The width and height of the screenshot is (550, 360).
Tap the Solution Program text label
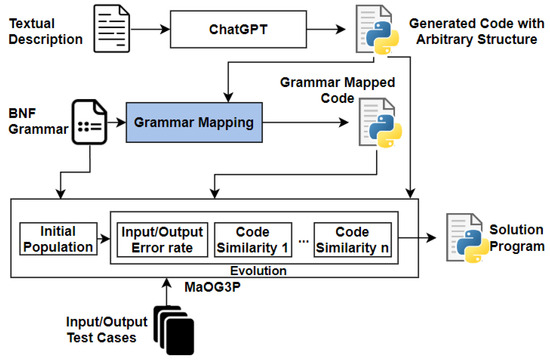pyautogui.click(x=516, y=237)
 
